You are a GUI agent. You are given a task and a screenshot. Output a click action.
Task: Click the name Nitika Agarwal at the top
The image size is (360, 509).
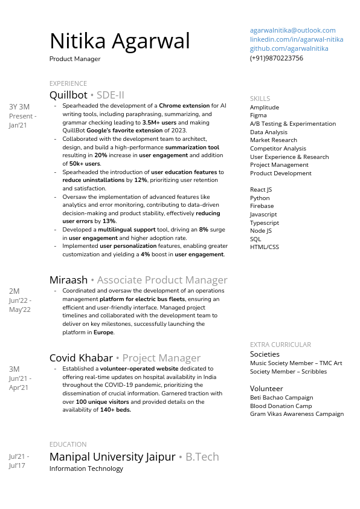click(x=120, y=41)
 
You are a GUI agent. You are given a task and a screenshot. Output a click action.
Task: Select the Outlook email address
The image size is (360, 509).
click(x=292, y=30)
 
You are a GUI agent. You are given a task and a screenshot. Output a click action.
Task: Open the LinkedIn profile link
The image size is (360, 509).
click(x=296, y=39)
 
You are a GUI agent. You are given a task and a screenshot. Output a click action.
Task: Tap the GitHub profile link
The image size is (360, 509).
click(x=289, y=48)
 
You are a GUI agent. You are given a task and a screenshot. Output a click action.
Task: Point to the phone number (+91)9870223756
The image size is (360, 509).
click(x=276, y=58)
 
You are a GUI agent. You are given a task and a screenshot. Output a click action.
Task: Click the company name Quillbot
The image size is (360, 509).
click(x=68, y=95)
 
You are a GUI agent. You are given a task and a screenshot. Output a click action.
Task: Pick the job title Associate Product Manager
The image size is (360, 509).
click(x=162, y=280)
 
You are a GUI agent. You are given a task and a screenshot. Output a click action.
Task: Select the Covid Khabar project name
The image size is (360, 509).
click(x=81, y=358)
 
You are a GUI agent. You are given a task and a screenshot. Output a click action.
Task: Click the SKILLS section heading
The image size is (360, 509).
click(x=260, y=99)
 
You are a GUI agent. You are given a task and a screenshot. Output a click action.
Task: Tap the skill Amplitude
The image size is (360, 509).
click(x=264, y=107)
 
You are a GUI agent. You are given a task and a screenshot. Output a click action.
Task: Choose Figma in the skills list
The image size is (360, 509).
click(x=258, y=115)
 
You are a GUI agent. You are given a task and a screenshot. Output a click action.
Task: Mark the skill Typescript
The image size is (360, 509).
click(x=265, y=222)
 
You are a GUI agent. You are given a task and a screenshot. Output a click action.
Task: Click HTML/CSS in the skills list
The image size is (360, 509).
click(x=265, y=247)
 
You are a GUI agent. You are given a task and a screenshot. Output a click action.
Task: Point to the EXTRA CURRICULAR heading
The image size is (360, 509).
click(x=280, y=345)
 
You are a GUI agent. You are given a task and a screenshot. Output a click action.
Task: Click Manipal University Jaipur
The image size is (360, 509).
click(x=112, y=457)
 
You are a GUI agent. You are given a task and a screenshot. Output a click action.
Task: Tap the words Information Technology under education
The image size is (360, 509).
click(x=86, y=468)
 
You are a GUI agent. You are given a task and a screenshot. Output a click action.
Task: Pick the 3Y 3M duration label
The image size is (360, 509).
click(x=19, y=107)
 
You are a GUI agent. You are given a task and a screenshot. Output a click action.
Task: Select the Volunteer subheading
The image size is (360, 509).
click(x=266, y=389)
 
